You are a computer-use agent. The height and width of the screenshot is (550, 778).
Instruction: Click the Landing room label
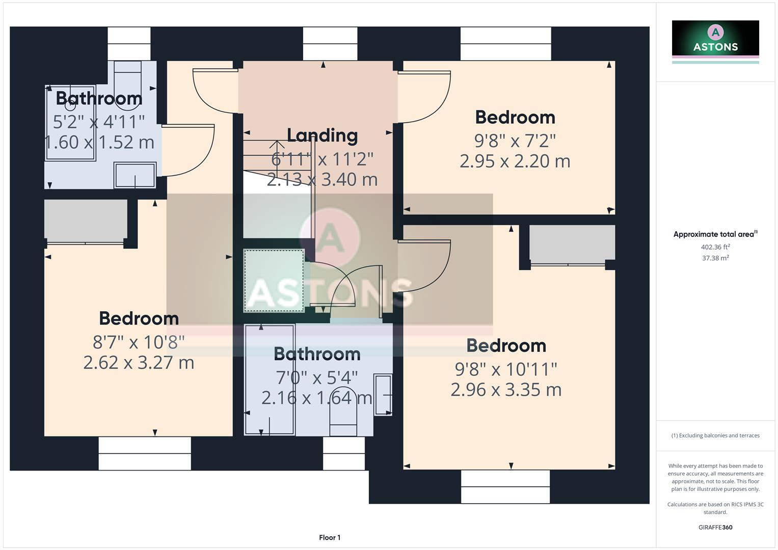point(322,136)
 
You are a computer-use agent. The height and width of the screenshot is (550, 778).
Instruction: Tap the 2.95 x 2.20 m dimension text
point(515,161)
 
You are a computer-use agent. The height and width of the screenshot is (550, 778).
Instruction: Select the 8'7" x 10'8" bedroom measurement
point(138,342)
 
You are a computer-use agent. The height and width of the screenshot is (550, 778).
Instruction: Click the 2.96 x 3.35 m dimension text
point(506,390)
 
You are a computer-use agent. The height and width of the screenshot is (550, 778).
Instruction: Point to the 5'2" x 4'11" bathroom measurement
point(99,122)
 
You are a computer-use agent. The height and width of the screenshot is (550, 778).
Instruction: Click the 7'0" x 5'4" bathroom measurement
point(316,378)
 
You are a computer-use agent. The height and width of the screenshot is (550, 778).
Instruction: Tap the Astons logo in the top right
point(715,42)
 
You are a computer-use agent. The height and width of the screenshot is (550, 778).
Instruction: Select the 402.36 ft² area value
point(715,247)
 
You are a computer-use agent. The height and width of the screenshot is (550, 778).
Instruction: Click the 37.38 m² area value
point(715,258)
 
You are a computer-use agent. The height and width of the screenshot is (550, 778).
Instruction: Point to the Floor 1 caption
point(330,537)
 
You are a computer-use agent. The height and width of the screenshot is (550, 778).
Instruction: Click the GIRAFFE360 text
point(715,527)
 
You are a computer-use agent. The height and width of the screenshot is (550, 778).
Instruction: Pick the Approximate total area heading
point(715,234)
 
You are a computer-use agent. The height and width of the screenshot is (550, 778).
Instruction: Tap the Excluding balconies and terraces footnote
point(715,435)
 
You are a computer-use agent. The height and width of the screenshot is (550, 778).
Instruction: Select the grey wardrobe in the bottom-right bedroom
point(572,242)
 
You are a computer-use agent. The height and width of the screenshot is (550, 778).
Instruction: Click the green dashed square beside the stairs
point(274,281)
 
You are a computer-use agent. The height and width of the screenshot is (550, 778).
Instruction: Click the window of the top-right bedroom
point(506,44)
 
